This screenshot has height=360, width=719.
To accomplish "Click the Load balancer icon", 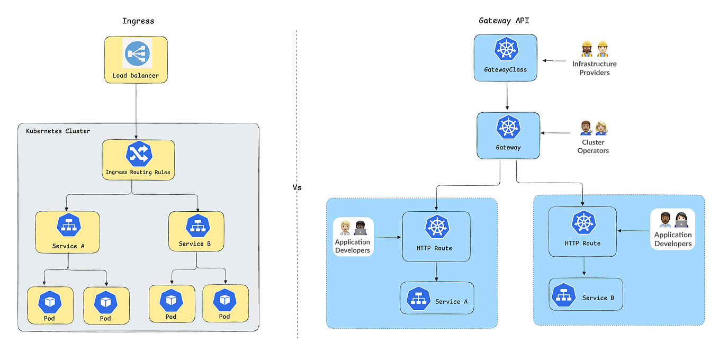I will [136, 54].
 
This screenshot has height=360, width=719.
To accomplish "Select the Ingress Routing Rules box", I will [138, 159].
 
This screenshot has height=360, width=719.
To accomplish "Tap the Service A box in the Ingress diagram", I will [68, 232].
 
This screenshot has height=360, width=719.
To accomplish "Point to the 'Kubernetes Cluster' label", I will [58, 131].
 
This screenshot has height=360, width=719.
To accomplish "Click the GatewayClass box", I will [505, 58].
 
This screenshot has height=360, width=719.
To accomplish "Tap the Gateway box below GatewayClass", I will [508, 135].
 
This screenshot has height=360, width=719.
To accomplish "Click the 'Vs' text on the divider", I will [297, 187].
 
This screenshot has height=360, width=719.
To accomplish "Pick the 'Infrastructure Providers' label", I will [594, 68].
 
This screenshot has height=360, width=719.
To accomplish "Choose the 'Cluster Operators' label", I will [593, 146].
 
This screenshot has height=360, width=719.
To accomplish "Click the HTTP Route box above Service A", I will [436, 236].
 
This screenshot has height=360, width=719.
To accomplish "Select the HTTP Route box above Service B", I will [582, 232].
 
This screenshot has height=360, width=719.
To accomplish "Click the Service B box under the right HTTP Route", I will [586, 294].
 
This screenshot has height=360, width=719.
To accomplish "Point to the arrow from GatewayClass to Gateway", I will [507, 96].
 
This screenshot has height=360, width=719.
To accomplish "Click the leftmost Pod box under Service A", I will [50, 305].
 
